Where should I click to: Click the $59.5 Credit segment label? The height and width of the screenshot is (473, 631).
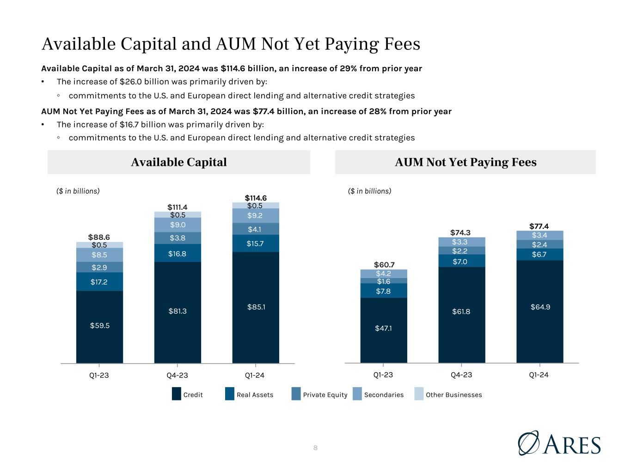click(100, 325)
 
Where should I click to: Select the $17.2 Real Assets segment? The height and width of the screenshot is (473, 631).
click(99, 281)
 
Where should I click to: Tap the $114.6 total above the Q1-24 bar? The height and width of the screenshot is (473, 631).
click(256, 198)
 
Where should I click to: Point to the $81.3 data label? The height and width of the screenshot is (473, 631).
click(178, 311)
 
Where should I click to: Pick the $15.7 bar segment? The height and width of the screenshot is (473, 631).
click(256, 243)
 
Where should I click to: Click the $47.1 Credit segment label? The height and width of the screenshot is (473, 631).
click(383, 328)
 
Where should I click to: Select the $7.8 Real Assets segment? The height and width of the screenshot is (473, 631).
click(384, 291)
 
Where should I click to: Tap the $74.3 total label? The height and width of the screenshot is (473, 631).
click(460, 232)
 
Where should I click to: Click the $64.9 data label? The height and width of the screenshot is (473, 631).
click(540, 307)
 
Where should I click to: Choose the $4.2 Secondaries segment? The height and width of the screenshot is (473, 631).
click(384, 274)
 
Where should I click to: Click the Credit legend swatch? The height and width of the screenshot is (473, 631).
click(177, 394)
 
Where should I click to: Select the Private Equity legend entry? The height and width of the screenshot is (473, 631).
click(319, 394)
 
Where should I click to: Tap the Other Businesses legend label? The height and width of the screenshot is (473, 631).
click(453, 395)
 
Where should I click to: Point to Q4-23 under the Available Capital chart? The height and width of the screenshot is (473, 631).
click(177, 376)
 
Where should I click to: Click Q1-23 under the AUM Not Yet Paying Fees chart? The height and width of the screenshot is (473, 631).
click(383, 375)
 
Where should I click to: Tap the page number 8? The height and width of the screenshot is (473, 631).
click(315, 448)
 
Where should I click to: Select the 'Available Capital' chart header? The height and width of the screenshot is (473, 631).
click(179, 162)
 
